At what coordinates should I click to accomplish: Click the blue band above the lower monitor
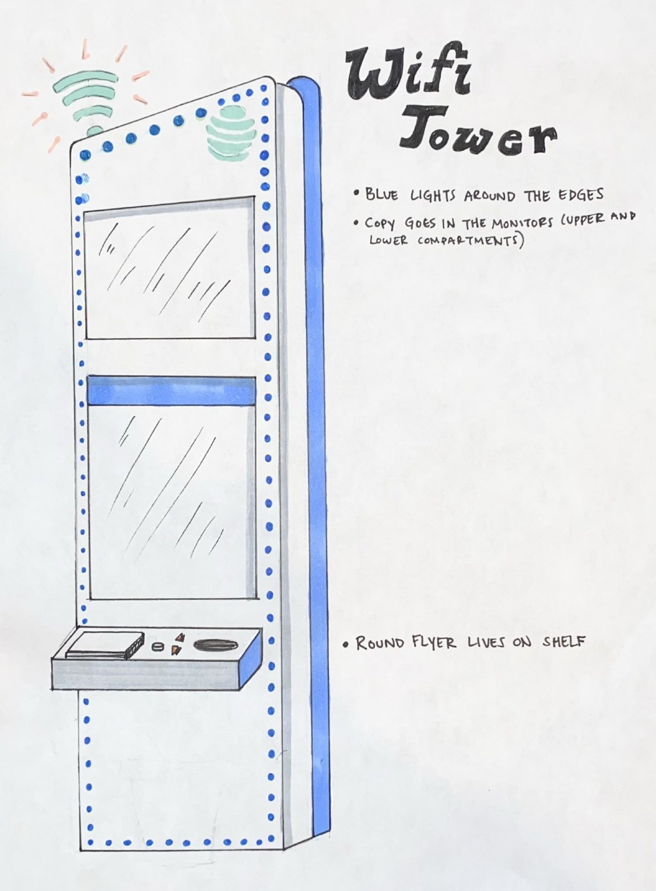pos(171,390)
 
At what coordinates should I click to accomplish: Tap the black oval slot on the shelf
pos(213,645)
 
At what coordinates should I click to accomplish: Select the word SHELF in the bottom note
pos(564,642)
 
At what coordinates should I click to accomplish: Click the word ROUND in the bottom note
pos(380,643)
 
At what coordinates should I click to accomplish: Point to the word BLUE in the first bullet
pos(382,194)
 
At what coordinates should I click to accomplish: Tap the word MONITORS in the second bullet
pos(513,222)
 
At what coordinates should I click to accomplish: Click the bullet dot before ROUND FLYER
pos(347,645)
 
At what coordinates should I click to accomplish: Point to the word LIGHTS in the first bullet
pos(434,195)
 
